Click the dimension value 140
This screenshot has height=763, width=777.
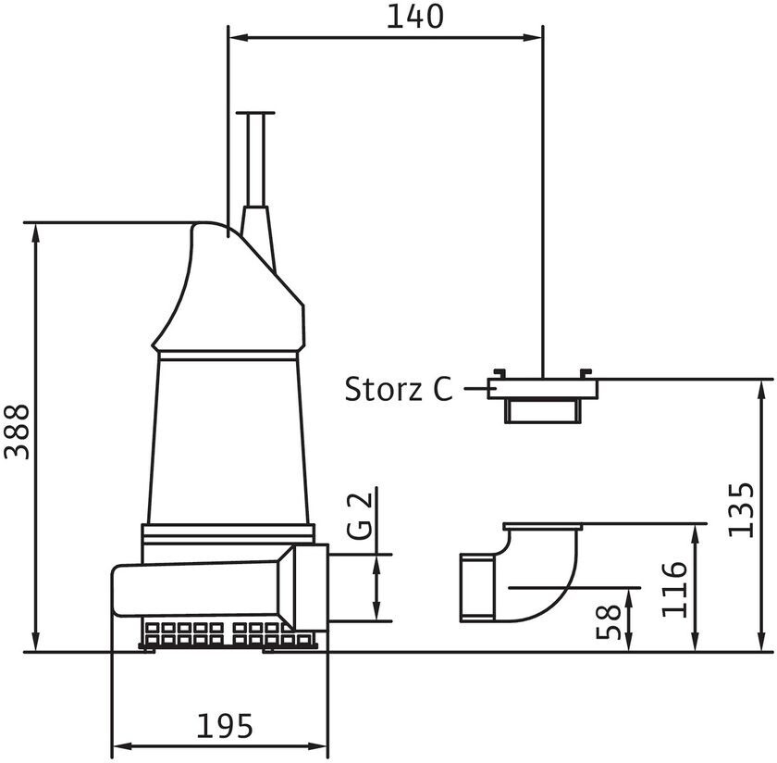click(414, 17)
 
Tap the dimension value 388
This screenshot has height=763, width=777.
click(17, 432)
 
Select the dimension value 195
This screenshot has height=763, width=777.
click(225, 726)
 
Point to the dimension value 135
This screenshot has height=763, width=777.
click(742, 509)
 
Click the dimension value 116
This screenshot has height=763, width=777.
click(674, 589)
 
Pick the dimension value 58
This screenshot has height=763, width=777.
click(608, 621)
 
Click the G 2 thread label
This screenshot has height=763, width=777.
click(359, 516)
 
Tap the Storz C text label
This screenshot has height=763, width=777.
click(399, 389)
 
